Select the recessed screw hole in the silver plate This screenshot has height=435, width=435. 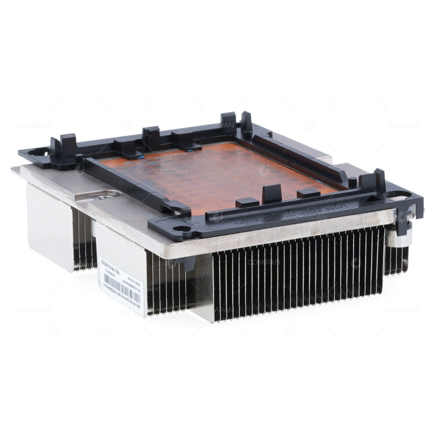101,197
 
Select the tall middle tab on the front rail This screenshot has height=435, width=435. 272,192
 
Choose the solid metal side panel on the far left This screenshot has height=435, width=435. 48,226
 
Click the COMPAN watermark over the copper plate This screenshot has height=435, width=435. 171,171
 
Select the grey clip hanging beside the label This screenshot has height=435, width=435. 190,262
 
